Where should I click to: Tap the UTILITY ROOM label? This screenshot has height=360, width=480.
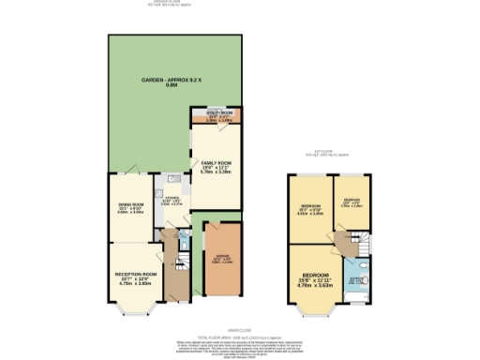coord(218,115)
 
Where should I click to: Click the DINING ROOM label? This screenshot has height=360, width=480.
coord(130,209)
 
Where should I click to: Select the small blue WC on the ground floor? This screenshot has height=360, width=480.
coord(184,246)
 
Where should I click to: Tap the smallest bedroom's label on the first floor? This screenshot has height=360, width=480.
coord(351,202)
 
